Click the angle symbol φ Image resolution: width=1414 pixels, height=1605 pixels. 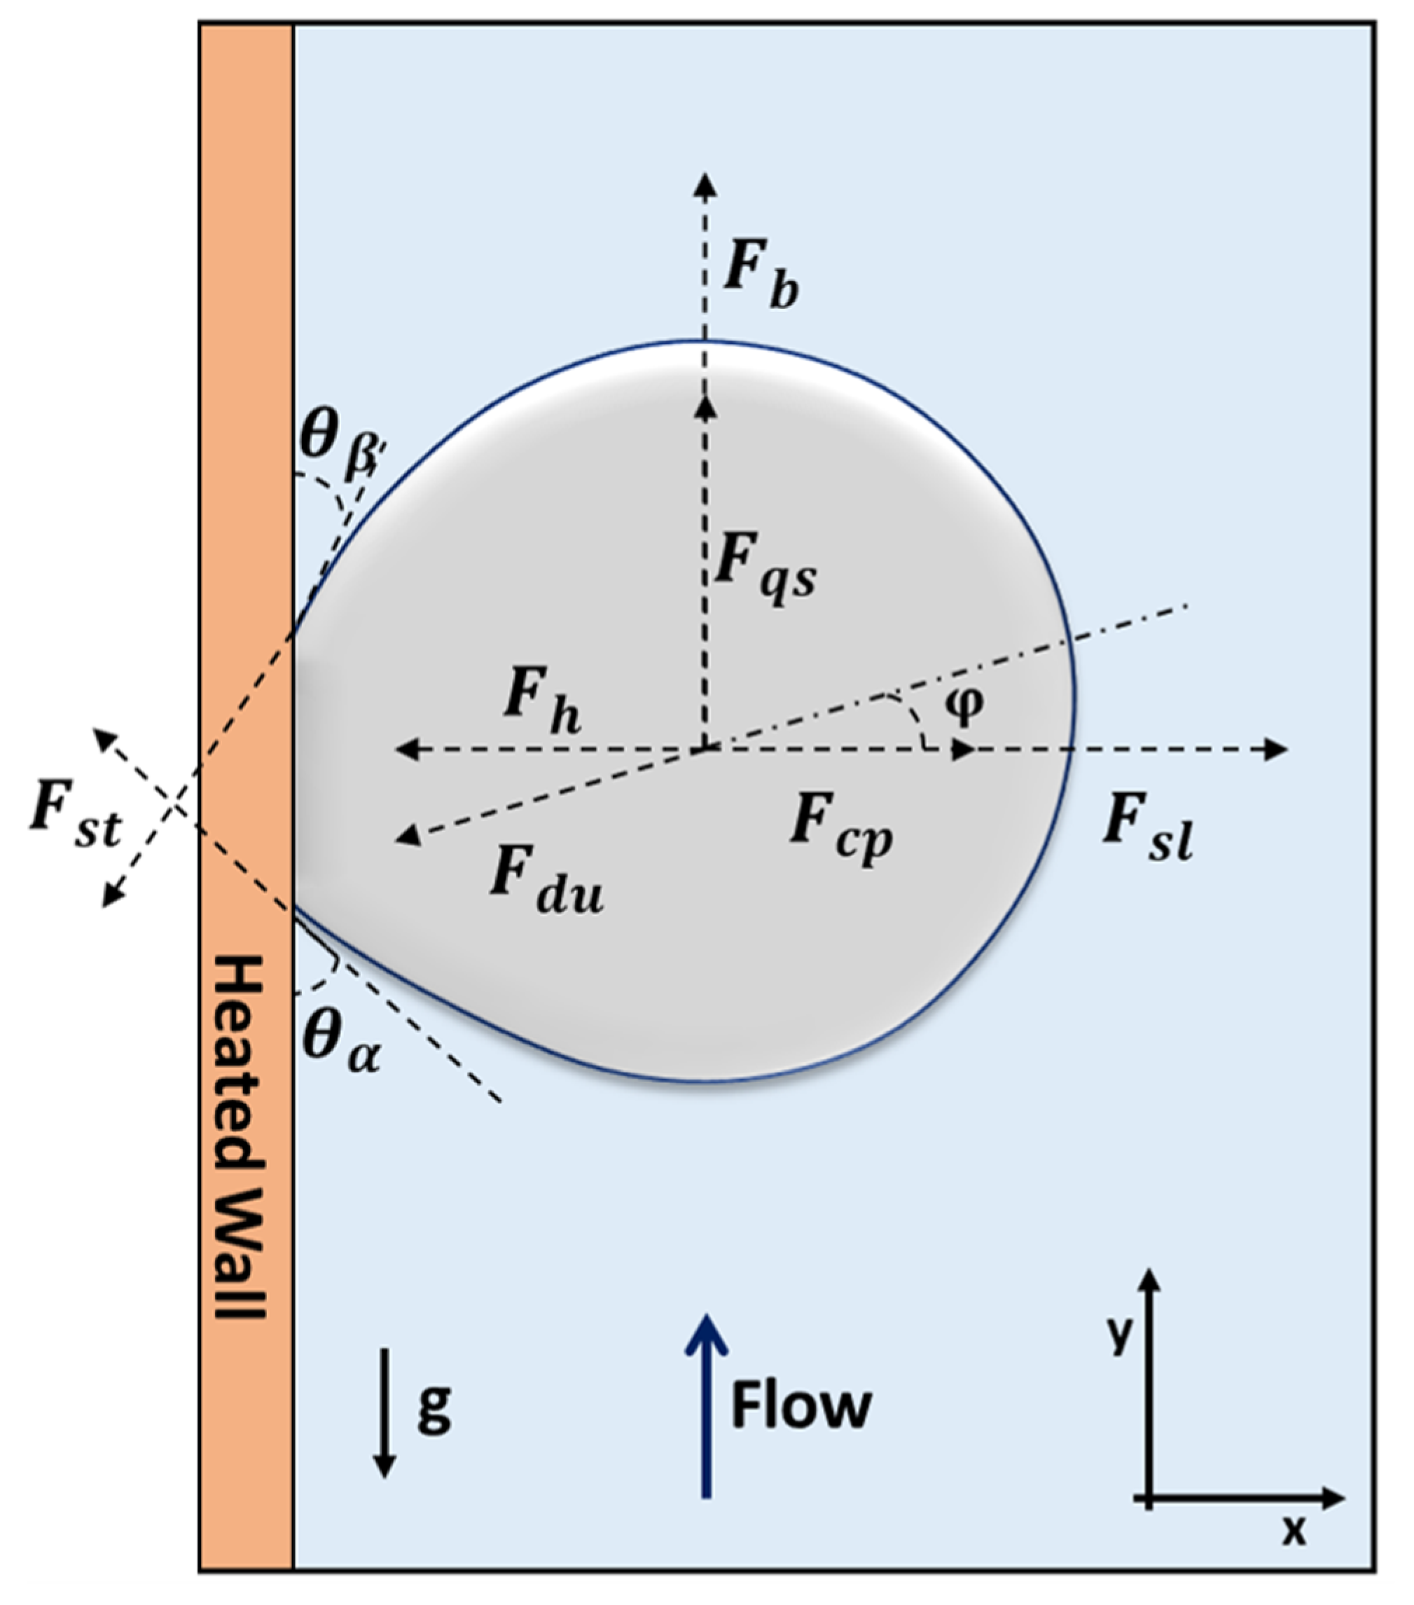tap(964, 703)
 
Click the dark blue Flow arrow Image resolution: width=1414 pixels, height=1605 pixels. tap(707, 1406)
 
